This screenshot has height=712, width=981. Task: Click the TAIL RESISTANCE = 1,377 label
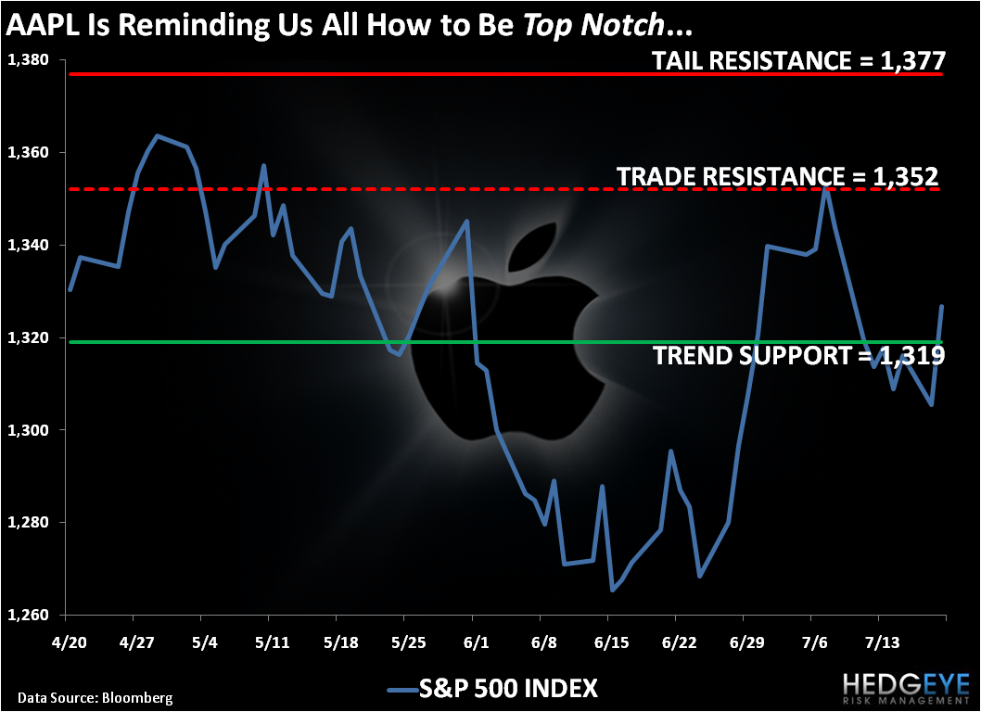tap(798, 60)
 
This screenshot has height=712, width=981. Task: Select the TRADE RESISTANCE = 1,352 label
tap(778, 177)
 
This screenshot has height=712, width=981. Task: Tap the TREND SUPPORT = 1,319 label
tap(799, 355)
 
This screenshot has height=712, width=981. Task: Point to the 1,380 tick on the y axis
tap(28, 60)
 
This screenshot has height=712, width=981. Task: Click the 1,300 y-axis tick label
tap(28, 430)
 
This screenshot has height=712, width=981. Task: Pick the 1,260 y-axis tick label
tap(28, 615)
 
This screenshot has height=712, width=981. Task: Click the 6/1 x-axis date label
tap(476, 643)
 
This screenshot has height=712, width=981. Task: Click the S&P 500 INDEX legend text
tap(509, 688)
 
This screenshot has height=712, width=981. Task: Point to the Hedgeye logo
tap(905, 688)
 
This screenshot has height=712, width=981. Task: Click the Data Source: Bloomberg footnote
tap(96, 697)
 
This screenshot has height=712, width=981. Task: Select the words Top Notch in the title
tap(592, 24)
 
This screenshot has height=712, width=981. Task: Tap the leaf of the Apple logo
tap(533, 248)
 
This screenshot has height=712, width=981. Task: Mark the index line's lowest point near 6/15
tap(613, 590)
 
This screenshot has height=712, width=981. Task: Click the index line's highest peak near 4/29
tap(157, 135)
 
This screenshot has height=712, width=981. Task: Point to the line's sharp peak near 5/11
tap(263, 165)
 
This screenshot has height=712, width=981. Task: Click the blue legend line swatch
tap(402, 690)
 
